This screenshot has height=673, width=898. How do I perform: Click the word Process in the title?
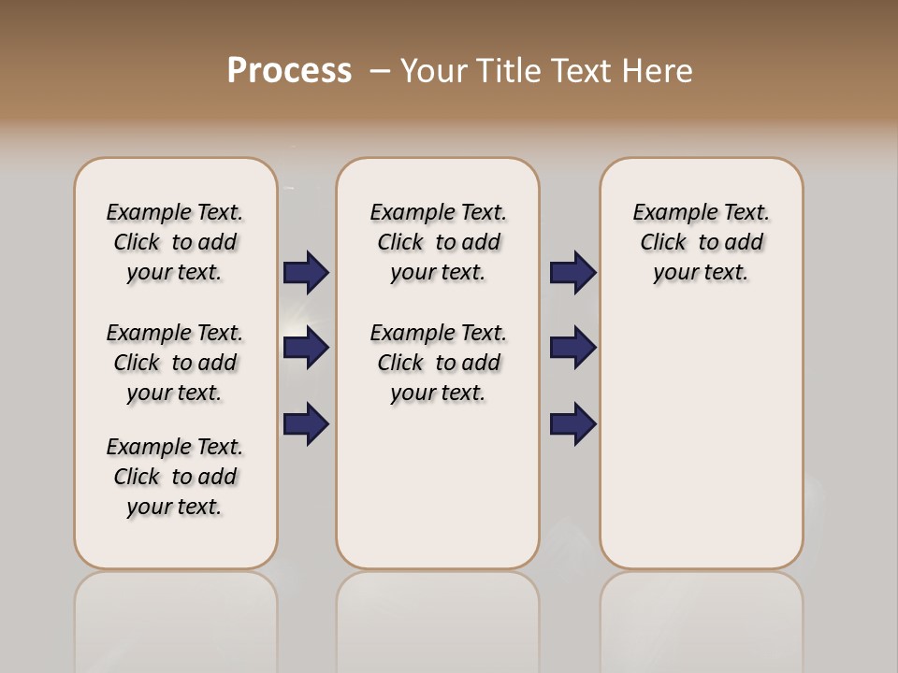[x=289, y=71]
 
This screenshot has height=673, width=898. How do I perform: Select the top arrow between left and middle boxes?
[x=307, y=273]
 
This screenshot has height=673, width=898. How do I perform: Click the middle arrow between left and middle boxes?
[x=307, y=348]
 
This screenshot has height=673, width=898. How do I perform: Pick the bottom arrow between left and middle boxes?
[x=307, y=423]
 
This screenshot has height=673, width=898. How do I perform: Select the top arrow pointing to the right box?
[x=573, y=273]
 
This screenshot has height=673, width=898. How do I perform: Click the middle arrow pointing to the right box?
[x=573, y=348]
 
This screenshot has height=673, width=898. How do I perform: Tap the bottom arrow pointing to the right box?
[x=573, y=423]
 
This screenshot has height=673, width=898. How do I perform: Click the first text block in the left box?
[x=175, y=242]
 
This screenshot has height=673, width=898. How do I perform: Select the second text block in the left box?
[x=175, y=363]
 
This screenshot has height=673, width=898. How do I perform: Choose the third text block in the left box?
[x=175, y=477]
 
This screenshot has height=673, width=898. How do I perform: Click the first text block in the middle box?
[x=438, y=242]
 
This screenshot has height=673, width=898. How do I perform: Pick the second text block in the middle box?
[x=438, y=363]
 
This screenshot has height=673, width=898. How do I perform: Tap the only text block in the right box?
[x=701, y=242]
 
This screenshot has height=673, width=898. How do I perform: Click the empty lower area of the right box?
[x=701, y=439]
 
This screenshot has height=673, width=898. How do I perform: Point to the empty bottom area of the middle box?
[x=438, y=495]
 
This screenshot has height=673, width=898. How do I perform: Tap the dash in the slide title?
[x=380, y=71]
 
